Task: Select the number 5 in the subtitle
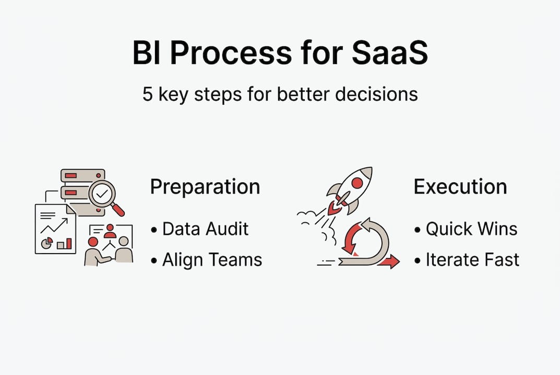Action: pyautogui.click(x=148, y=94)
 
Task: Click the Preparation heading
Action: pyautogui.click(x=205, y=187)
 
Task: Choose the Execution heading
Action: pyautogui.click(x=460, y=187)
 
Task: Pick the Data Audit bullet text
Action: pyautogui.click(x=205, y=229)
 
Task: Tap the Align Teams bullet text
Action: pyautogui.click(x=212, y=259)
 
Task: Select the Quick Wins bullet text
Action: pyautogui.click(x=471, y=229)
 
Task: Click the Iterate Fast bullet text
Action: pyautogui.click(x=472, y=259)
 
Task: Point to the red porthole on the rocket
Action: pyautogui.click(x=357, y=183)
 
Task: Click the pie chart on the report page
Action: pyautogui.click(x=46, y=243)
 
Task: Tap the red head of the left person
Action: pyautogui.click(x=93, y=242)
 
